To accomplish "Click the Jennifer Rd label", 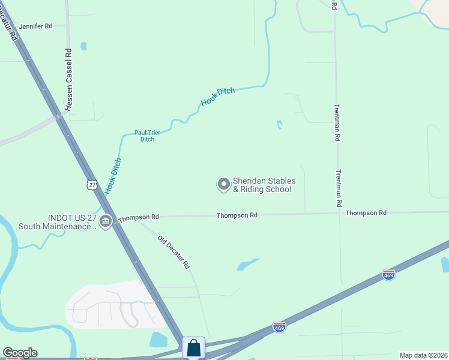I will pos(35,26).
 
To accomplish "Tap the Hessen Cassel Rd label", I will pos(69,80).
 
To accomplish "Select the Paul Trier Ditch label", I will pos(147,136).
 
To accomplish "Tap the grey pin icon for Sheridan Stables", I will pos(223,184).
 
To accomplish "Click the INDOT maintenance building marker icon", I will pos(106,221).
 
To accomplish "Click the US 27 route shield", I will pos(91,185).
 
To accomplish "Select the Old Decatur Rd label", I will pos(173,251).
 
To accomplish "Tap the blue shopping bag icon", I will pos(193,348).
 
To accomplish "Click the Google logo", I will pos(20,353).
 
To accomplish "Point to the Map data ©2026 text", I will pos(423,355).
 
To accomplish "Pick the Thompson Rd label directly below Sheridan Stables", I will pos(237,215).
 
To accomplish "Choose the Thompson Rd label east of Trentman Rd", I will pos(366,212).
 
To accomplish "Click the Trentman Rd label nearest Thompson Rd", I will pos(338,190).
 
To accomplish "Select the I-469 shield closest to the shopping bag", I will pos(279,327).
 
